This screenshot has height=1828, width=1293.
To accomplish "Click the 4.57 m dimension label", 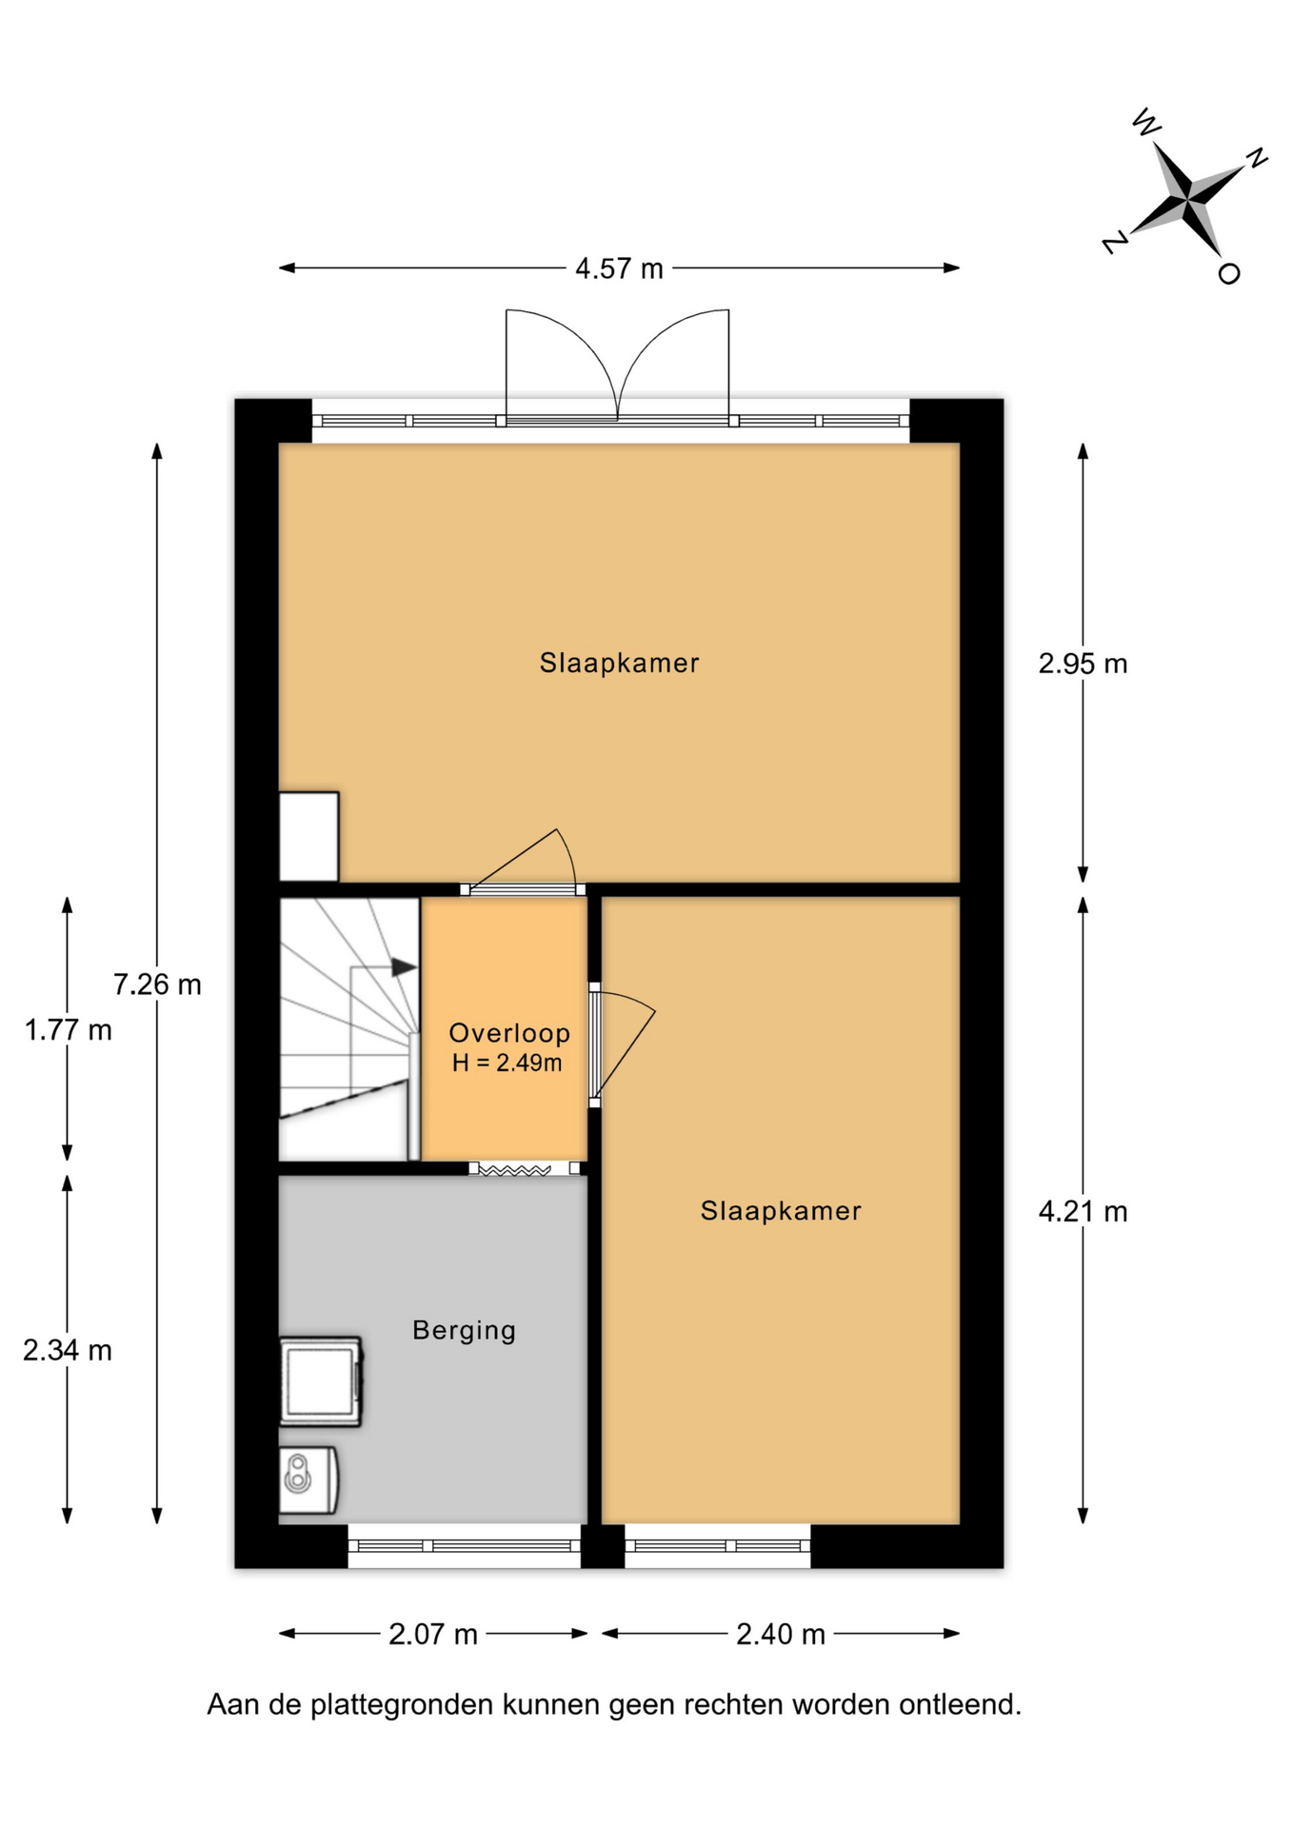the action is coord(619,268).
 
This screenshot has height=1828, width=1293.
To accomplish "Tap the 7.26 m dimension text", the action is coord(157,984).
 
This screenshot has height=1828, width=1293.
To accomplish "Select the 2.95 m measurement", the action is coord(1083,663).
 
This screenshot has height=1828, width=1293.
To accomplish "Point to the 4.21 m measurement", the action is coord(1083,1211).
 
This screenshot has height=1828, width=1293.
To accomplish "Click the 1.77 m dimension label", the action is coord(68,1029).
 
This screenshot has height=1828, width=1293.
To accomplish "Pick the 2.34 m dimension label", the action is coord(68,1349).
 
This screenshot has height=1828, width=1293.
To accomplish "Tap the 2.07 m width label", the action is coord(433,1634).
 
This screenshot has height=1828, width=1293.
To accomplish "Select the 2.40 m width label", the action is coord(781,1634).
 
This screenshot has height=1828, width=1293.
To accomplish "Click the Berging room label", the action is coord(464,1330).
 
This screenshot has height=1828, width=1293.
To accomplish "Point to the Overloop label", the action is coord(509,1033).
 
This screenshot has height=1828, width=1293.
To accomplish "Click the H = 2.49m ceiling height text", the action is coord(507,1063).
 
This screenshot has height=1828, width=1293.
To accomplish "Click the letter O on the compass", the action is coord(1229,273).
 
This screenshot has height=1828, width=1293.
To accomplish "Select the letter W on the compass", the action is coord(1146,122).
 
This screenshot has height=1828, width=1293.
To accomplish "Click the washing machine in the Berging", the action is coord(321,1381).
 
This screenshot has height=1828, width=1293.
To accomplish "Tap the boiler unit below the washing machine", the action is coord(308,1480).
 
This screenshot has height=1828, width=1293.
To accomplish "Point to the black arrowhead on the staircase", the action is coord(405,967).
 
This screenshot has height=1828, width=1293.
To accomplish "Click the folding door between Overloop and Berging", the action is coord(515,1169).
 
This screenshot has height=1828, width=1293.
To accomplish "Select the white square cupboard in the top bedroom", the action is coord(308,836).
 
